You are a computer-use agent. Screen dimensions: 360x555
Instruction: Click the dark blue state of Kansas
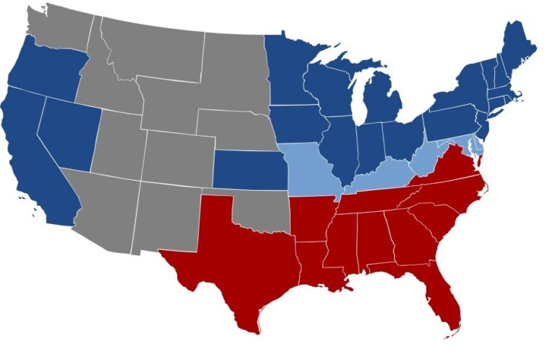coord(249,171)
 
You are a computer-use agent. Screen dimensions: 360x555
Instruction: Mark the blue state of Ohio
coord(401,137)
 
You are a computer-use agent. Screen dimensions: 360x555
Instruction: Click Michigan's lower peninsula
coord(379,101)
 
